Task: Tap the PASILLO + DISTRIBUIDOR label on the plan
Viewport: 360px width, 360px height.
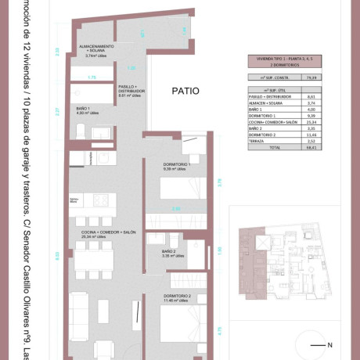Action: click(128, 90)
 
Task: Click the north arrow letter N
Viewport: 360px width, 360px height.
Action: click(330, 345)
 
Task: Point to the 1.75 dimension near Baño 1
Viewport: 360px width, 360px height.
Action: click(91, 77)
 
